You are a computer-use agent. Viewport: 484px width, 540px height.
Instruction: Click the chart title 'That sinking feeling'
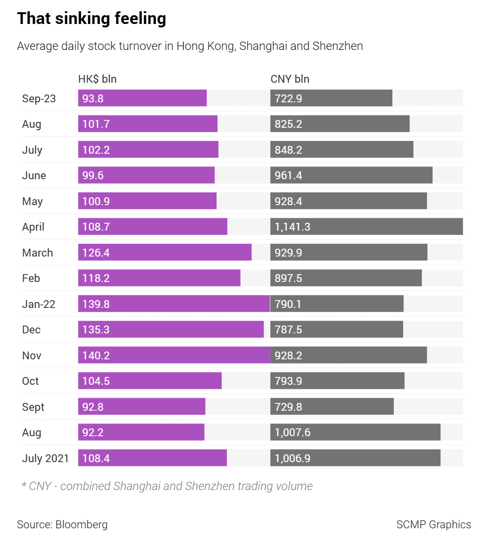pyautogui.click(x=92, y=19)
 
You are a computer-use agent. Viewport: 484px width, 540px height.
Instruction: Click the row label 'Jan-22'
pyautogui.click(x=39, y=304)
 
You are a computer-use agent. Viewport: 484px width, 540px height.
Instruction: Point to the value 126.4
pyautogui.click(x=96, y=253)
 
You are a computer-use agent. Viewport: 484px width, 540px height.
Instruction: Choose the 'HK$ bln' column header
pyautogui.click(x=97, y=79)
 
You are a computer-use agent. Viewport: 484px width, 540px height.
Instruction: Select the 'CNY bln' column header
pyautogui.click(x=290, y=79)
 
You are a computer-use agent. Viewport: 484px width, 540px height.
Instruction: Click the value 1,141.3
pyautogui.click(x=292, y=227)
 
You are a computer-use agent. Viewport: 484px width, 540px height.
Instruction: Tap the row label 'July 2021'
pyautogui.click(x=46, y=458)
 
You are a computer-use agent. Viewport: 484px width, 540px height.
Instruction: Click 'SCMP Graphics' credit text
pyautogui.click(x=434, y=524)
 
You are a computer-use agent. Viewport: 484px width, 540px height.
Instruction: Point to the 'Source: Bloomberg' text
pyautogui.click(x=62, y=524)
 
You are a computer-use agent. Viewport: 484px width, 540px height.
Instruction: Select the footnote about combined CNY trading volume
pyautogui.click(x=167, y=486)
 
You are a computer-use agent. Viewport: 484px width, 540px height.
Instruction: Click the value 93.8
pyautogui.click(x=93, y=98)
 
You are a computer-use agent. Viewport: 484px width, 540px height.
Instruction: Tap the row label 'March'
pyautogui.click(x=37, y=253)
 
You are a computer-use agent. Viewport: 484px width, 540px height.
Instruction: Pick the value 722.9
pyautogui.click(x=288, y=98)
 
